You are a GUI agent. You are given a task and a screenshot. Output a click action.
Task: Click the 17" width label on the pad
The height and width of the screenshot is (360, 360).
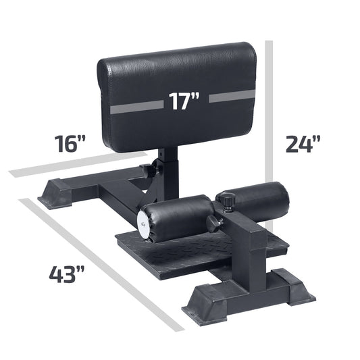(184, 101)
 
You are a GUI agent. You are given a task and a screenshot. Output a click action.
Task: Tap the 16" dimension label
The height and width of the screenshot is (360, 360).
(70, 144)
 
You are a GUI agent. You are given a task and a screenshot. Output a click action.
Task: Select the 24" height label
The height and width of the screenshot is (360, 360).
(303, 144)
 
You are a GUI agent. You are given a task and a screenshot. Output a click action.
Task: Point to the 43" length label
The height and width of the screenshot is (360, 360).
(67, 274)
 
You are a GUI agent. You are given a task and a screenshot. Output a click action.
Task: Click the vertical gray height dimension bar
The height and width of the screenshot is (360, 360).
(269, 136)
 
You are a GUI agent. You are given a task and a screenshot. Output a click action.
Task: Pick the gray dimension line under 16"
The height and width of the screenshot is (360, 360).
(78, 164)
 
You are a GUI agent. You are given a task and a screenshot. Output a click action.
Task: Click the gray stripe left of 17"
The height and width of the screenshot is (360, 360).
(137, 107)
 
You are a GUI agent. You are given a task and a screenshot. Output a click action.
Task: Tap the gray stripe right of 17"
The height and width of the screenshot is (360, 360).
(232, 96)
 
